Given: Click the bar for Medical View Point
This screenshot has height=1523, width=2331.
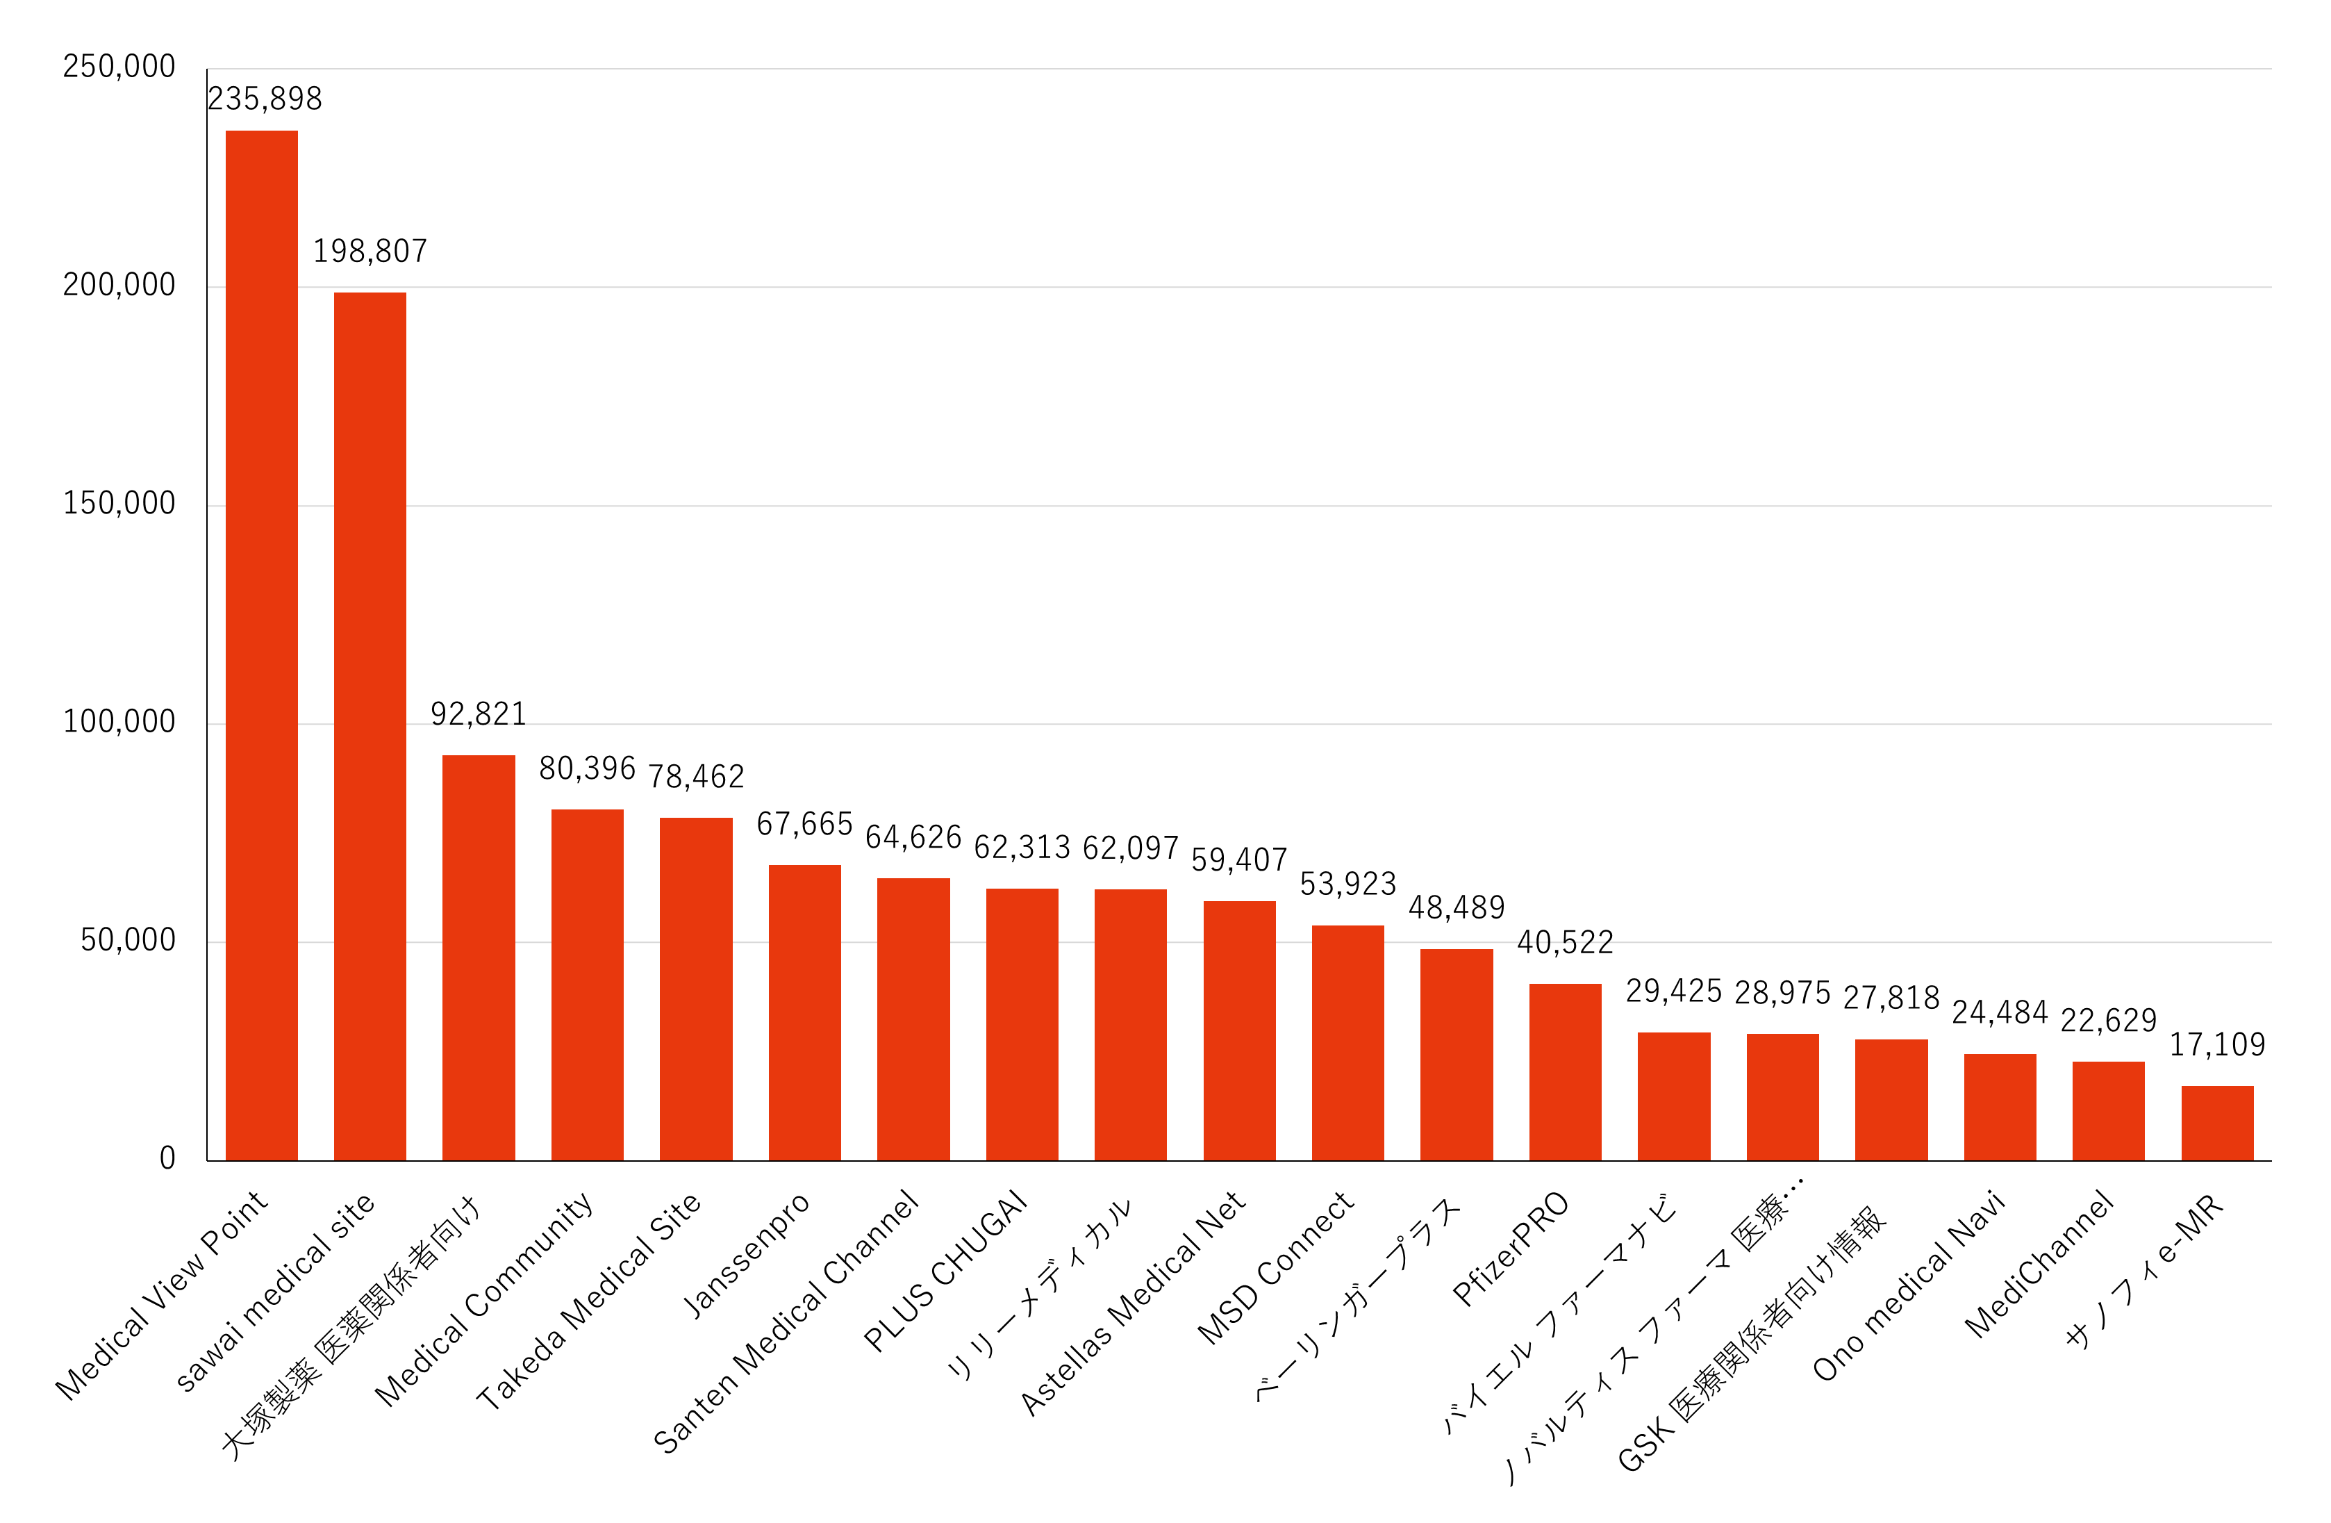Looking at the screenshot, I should [261, 646].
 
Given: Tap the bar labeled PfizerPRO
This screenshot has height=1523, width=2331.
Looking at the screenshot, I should [1565, 1073].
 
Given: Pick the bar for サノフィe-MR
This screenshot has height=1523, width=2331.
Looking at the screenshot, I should [2216, 1123].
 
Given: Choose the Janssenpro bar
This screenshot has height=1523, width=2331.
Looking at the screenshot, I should [804, 1013].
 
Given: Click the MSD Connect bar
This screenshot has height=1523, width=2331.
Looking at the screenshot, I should [1347, 1043].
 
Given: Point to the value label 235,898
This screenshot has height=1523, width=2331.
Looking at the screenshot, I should [265, 99].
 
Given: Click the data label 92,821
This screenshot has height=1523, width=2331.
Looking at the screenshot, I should [478, 714].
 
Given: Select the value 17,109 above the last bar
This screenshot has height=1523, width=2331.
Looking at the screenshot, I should [2216, 1045].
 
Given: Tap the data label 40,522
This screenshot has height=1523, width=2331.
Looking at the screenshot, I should [1565, 942].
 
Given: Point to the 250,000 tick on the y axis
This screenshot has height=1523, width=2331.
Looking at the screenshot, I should [119, 67].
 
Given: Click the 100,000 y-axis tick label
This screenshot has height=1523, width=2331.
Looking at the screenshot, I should [119, 722].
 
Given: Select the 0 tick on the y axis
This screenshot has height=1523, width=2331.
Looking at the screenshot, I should [167, 1159].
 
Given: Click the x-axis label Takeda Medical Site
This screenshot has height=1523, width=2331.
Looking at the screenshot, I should [588, 1300].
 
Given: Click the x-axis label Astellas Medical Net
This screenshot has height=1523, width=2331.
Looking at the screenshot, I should [1132, 1303].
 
